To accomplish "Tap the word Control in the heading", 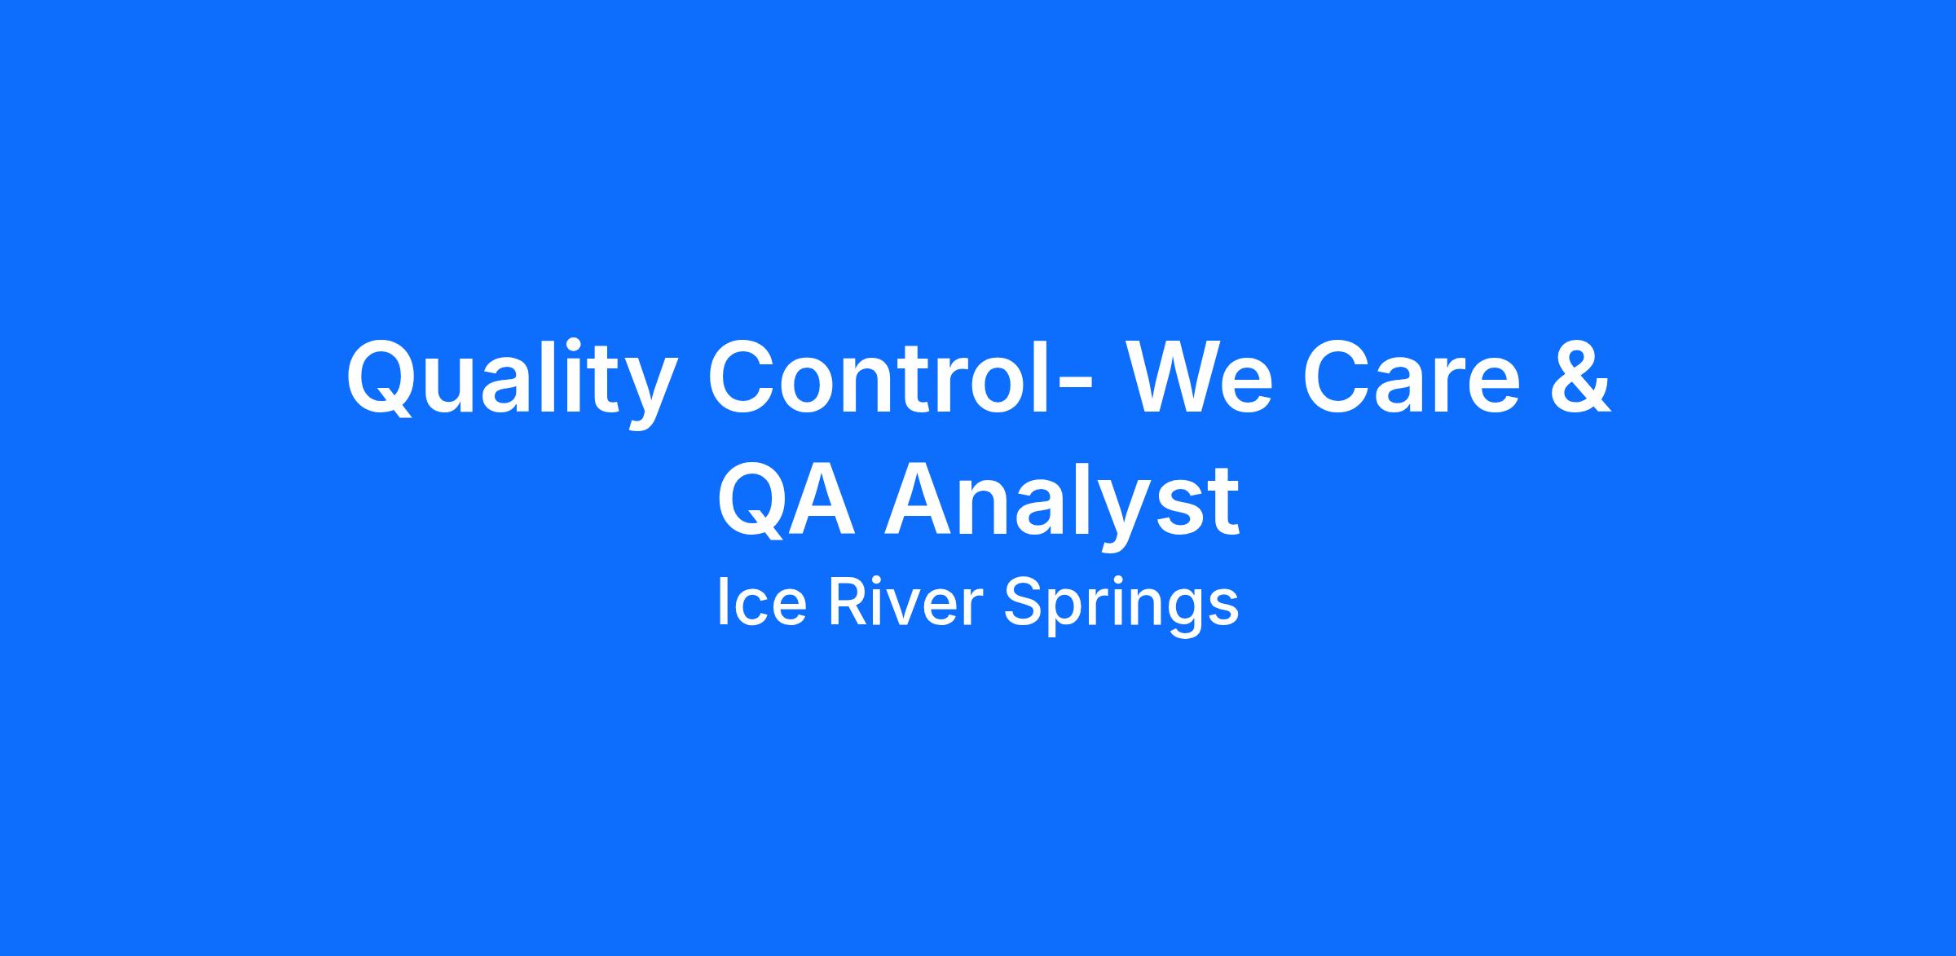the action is tap(879, 375).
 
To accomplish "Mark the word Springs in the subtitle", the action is tap(1121, 607).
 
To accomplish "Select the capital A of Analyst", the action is tap(921, 500).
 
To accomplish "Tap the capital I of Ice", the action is tap(722, 602).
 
